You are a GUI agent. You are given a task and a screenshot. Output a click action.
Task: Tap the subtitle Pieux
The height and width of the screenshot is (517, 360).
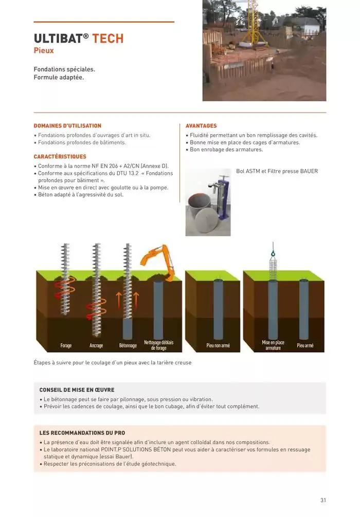click(44, 50)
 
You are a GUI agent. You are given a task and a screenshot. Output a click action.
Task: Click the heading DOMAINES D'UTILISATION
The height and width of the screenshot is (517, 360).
click(67, 125)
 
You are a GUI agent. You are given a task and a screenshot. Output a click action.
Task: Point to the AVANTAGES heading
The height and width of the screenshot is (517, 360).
click(201, 125)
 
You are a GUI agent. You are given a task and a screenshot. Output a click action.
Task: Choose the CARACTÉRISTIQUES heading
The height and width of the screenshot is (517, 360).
click(60, 156)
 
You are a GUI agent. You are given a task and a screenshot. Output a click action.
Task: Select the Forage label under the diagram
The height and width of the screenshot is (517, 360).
click(66, 345)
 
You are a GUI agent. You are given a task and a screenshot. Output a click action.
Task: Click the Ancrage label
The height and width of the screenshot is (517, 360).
click(96, 345)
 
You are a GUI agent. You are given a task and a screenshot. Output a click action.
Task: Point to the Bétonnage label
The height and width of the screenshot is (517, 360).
click(128, 345)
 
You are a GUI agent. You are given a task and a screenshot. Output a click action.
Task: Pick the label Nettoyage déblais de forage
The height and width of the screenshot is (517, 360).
click(158, 345)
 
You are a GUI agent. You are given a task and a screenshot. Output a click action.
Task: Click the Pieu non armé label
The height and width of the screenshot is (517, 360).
click(218, 345)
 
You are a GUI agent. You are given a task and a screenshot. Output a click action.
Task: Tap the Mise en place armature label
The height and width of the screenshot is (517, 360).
click(273, 345)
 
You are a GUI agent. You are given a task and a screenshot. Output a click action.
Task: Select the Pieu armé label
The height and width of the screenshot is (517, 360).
click(305, 345)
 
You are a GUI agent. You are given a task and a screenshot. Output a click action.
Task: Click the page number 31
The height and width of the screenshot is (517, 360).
click(323, 500)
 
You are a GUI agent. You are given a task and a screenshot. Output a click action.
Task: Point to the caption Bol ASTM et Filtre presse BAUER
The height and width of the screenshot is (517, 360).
click(277, 171)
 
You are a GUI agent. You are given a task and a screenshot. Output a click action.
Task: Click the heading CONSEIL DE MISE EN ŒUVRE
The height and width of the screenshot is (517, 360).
click(77, 390)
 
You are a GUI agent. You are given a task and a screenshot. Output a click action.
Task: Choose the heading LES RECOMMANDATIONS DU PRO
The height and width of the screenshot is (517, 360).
click(82, 433)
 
